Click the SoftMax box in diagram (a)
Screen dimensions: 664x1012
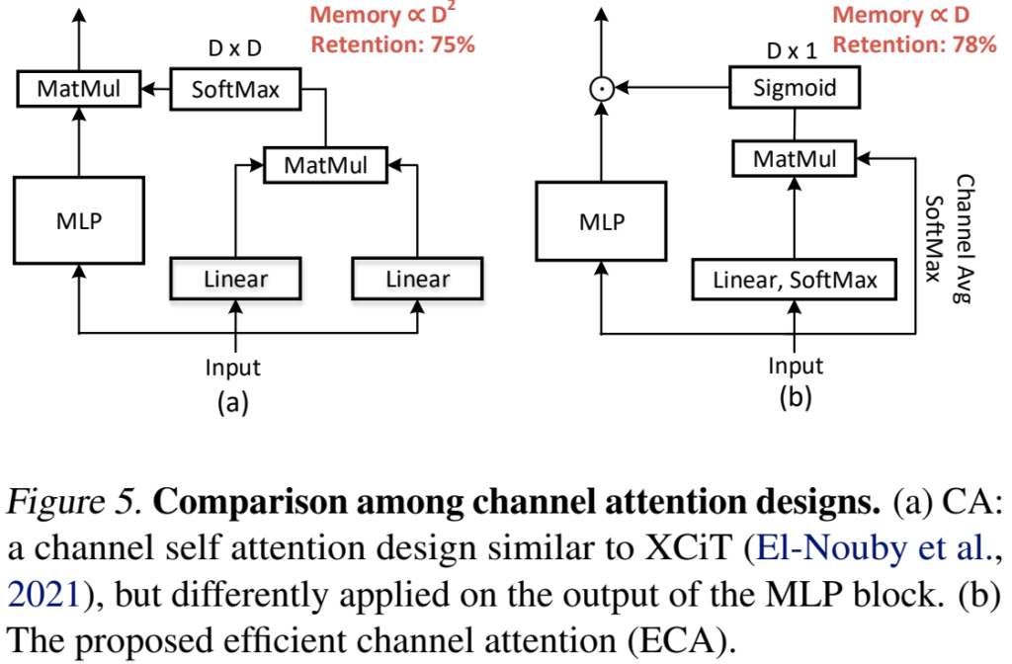click(235, 91)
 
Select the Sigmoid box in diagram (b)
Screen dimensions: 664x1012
click(795, 89)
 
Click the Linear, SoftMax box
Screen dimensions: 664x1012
click(795, 281)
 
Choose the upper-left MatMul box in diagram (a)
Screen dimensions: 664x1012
click(79, 91)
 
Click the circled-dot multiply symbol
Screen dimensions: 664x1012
click(601, 89)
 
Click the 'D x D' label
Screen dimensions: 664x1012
click(235, 47)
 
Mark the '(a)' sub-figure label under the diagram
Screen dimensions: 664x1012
click(233, 401)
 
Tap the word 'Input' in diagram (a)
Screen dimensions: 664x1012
click(233, 368)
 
